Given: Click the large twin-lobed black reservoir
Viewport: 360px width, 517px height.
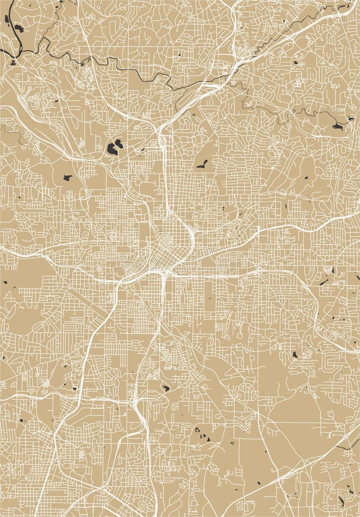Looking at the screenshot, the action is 114,147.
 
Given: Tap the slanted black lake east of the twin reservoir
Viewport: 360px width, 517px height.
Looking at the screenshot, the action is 202,164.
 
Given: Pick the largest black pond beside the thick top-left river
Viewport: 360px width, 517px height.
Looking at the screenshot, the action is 18,27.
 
